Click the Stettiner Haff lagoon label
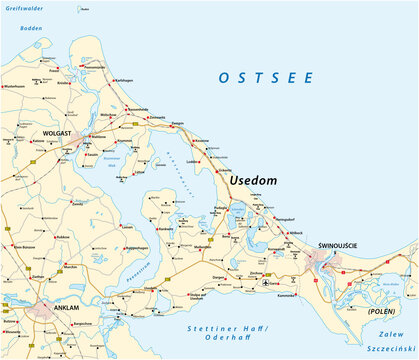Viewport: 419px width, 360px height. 224,326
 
